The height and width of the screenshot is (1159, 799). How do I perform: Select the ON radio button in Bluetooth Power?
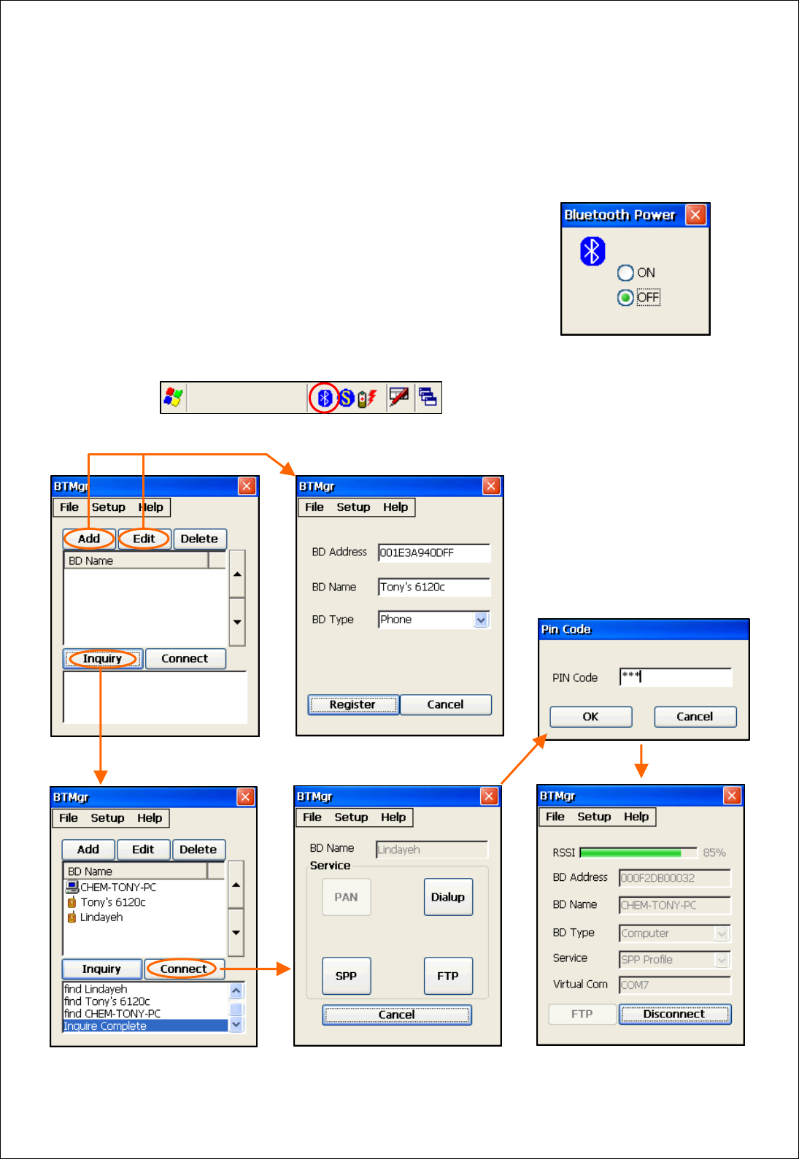[x=625, y=273]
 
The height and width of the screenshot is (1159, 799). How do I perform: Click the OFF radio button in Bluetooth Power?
[x=625, y=298]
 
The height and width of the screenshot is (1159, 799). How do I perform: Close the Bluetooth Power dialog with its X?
[x=695, y=215]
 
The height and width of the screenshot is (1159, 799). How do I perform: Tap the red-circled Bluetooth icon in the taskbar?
[x=325, y=398]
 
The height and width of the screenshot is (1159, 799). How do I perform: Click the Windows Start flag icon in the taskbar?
[x=174, y=398]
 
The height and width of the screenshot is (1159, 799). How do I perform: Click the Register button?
[x=353, y=704]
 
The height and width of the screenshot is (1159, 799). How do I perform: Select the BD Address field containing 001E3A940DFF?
[x=433, y=552]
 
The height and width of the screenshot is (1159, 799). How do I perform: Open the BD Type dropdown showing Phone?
[x=481, y=620]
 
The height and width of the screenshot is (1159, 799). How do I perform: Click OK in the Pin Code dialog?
[x=590, y=717]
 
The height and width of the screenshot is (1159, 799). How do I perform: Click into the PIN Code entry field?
[x=675, y=677]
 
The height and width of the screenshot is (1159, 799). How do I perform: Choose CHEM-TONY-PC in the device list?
[x=117, y=887]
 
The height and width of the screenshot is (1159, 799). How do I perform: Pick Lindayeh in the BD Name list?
[x=101, y=917]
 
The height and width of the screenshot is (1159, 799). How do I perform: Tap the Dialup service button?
[x=448, y=897]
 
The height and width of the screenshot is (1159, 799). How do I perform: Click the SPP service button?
[x=347, y=976]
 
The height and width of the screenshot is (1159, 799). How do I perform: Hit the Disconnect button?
[x=674, y=1014]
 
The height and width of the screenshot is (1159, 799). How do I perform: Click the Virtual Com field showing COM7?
[x=673, y=985]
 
